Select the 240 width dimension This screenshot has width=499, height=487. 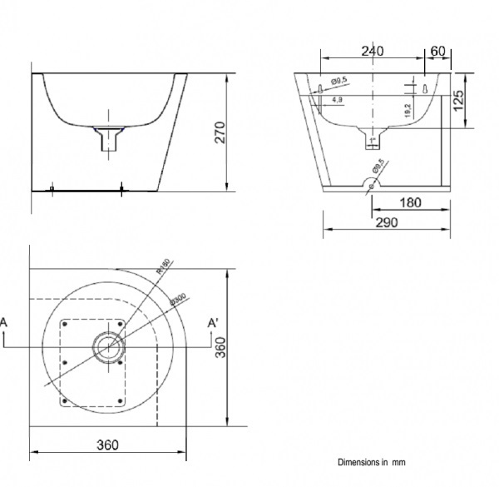pyautogui.click(x=373, y=52)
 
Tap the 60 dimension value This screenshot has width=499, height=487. pyautogui.click(x=437, y=52)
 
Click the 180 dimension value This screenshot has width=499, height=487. pyautogui.click(x=409, y=202)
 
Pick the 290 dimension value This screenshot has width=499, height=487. pyautogui.click(x=387, y=221)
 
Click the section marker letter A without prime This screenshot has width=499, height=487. pyautogui.click(x=4, y=322)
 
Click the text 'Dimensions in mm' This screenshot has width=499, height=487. pyautogui.click(x=372, y=462)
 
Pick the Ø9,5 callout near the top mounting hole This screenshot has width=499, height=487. pyautogui.click(x=338, y=80)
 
